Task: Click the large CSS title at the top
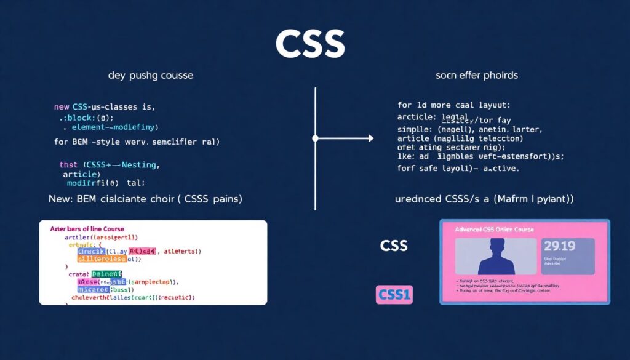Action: [x=310, y=44]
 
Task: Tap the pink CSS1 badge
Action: [x=394, y=295]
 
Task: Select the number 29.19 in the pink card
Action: [x=559, y=247]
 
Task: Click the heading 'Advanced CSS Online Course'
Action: [x=494, y=230]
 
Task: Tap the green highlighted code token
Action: [x=106, y=274]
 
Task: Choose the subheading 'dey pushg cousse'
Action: [x=151, y=76]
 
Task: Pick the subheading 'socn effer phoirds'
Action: [x=477, y=76]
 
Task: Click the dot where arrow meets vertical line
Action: [x=315, y=138]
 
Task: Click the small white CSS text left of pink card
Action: [x=394, y=246]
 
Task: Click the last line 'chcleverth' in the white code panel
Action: [x=132, y=297]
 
